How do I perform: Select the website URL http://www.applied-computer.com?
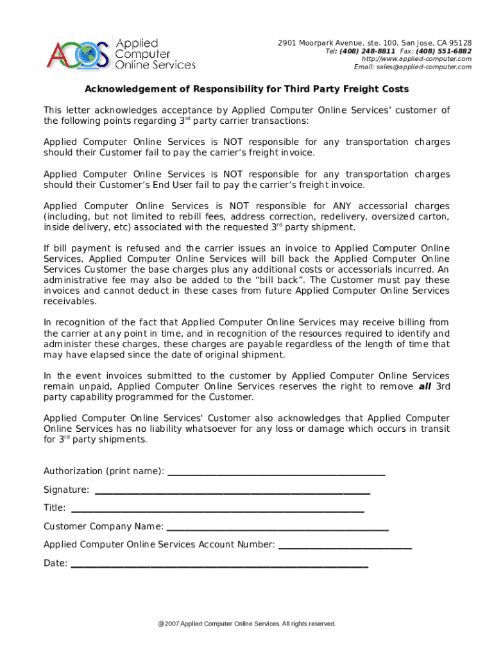pos(416,59)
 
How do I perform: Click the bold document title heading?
pos(247,89)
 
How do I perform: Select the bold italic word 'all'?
pos(425,386)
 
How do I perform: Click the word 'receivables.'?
pos(71,301)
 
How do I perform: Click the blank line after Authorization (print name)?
pos(276,472)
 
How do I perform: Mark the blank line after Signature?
pos(232,491)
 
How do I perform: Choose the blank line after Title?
pos(217,509)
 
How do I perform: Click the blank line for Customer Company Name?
pos(277,528)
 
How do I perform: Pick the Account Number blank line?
pos(345,546)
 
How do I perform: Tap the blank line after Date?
pos(219,565)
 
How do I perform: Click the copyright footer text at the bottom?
pos(247,624)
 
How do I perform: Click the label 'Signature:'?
pos(66,490)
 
